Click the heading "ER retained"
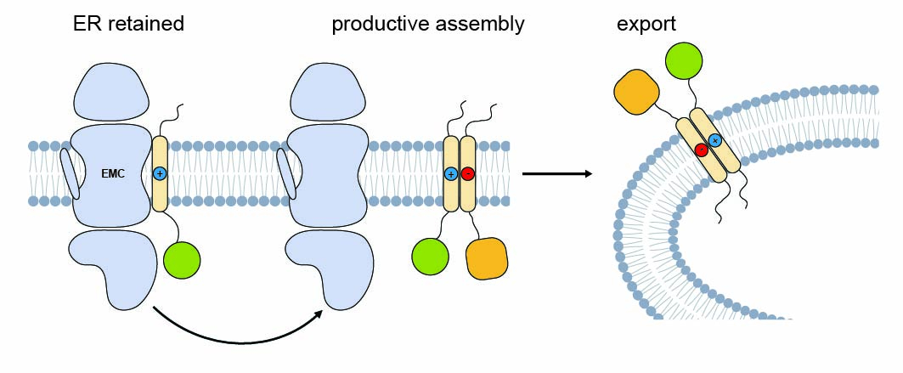[x=128, y=24]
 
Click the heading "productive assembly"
[x=427, y=24]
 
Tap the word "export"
[x=646, y=24]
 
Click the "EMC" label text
[x=113, y=173]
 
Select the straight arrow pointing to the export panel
[x=556, y=174]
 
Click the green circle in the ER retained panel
[x=181, y=258]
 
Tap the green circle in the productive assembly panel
[x=430, y=258]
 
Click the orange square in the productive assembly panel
[x=487, y=258]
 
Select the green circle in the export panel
[x=684, y=62]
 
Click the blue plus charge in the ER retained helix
[x=159, y=173]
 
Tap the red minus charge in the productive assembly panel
[x=468, y=173]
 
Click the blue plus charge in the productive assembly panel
[x=451, y=173]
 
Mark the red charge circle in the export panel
[x=702, y=150]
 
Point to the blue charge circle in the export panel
[x=716, y=140]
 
